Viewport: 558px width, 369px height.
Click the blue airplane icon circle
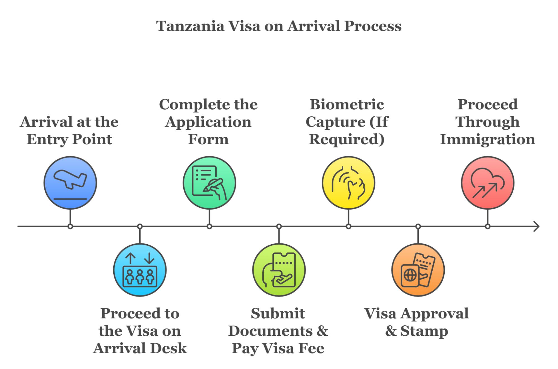coord(70,183)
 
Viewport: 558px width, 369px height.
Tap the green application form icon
coord(209,183)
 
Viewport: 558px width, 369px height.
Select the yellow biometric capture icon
coord(348,183)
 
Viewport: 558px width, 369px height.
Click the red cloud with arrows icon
coord(487,183)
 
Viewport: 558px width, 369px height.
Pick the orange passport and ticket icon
coord(418,270)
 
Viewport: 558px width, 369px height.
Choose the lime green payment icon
coord(279,270)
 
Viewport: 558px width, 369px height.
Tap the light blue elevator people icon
coord(140,270)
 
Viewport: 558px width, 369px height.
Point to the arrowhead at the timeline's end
coord(536,226)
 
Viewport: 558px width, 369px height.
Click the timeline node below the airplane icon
coord(70,226)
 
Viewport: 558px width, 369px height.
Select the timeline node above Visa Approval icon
coord(418,226)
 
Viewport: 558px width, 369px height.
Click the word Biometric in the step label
coord(347,105)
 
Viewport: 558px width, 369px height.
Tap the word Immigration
coord(487,139)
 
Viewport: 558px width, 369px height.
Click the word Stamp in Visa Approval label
coord(424,331)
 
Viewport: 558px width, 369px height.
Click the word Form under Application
coord(208,139)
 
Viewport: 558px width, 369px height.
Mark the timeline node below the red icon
coord(487,226)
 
